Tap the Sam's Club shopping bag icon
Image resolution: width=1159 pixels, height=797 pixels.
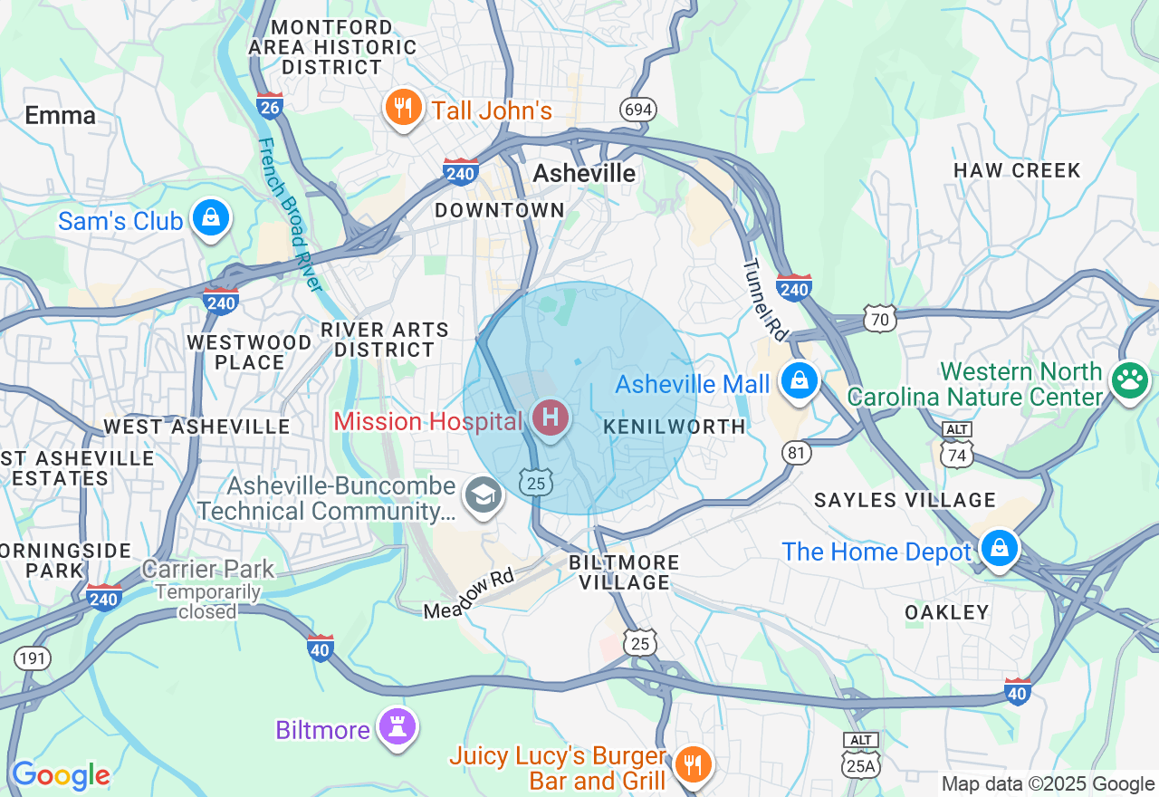tap(211, 218)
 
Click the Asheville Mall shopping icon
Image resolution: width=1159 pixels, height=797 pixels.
tap(800, 380)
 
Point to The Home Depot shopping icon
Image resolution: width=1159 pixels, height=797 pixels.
tap(999, 548)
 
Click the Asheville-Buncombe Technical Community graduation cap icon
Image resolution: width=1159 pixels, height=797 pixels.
tap(484, 495)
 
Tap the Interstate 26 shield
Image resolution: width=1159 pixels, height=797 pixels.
tap(270, 104)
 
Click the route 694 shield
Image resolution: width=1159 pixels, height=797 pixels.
tap(638, 110)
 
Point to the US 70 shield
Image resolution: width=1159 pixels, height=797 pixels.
tap(880, 317)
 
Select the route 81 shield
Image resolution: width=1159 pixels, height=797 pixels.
tap(796, 453)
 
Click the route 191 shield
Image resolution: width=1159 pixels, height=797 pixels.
tap(33, 658)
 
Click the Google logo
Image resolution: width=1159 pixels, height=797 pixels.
tap(60, 775)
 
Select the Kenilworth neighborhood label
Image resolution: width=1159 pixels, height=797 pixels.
tap(674, 427)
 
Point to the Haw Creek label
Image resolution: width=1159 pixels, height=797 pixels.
tap(1017, 170)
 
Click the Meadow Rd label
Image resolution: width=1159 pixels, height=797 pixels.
tap(469, 594)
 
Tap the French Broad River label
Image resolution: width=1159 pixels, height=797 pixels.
tap(290, 215)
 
